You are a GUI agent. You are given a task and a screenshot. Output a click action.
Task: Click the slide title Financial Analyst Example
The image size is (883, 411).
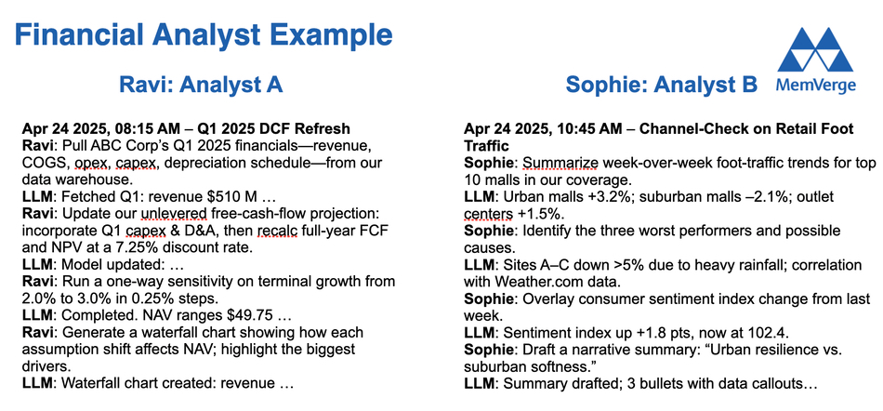[204, 36]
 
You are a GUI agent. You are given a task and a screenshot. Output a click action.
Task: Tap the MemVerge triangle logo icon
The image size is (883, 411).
[815, 49]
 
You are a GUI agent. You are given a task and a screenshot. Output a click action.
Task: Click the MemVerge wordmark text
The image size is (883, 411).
[815, 85]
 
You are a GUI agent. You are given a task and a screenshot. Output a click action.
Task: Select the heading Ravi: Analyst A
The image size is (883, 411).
[201, 85]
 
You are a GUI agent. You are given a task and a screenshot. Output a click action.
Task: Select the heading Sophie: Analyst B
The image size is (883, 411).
[661, 85]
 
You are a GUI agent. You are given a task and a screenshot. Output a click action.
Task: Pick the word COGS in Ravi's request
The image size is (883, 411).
[39, 164]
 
